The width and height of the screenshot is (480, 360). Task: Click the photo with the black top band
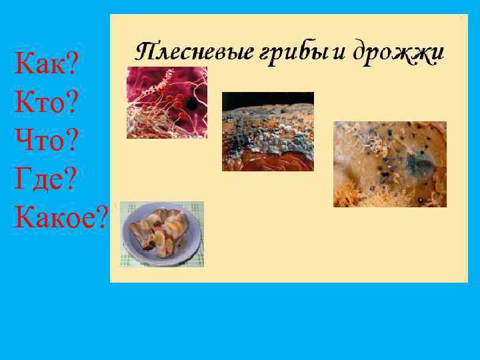(267, 131)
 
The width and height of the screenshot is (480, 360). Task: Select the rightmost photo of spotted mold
(389, 164)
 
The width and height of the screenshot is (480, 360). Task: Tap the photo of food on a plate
(162, 234)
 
